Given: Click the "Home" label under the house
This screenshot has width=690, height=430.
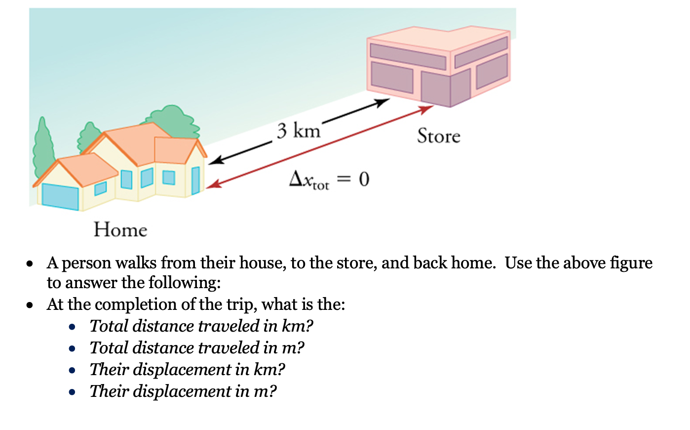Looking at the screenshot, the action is point(120,230).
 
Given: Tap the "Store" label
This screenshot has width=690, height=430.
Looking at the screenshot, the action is point(438,136).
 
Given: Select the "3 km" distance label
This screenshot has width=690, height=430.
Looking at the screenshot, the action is point(298,131).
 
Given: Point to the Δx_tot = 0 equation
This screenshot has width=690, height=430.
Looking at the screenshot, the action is point(329,179).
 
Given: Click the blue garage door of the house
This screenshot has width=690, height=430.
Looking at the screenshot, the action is point(60,196).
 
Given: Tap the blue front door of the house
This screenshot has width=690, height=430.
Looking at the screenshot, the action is point(195,180).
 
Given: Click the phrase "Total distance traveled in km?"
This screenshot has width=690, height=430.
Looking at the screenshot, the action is point(201,326).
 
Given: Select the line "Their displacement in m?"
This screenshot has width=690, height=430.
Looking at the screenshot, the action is point(183,391).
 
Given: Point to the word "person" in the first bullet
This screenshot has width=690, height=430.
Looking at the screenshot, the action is point(87,263).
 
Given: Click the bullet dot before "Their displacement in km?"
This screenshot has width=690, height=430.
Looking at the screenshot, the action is point(73,370).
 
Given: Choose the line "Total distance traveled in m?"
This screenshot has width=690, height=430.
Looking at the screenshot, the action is point(197,348).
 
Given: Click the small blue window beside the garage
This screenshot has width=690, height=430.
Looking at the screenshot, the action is point(100,188).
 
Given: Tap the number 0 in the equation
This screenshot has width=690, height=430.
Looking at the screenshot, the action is point(364,179).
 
